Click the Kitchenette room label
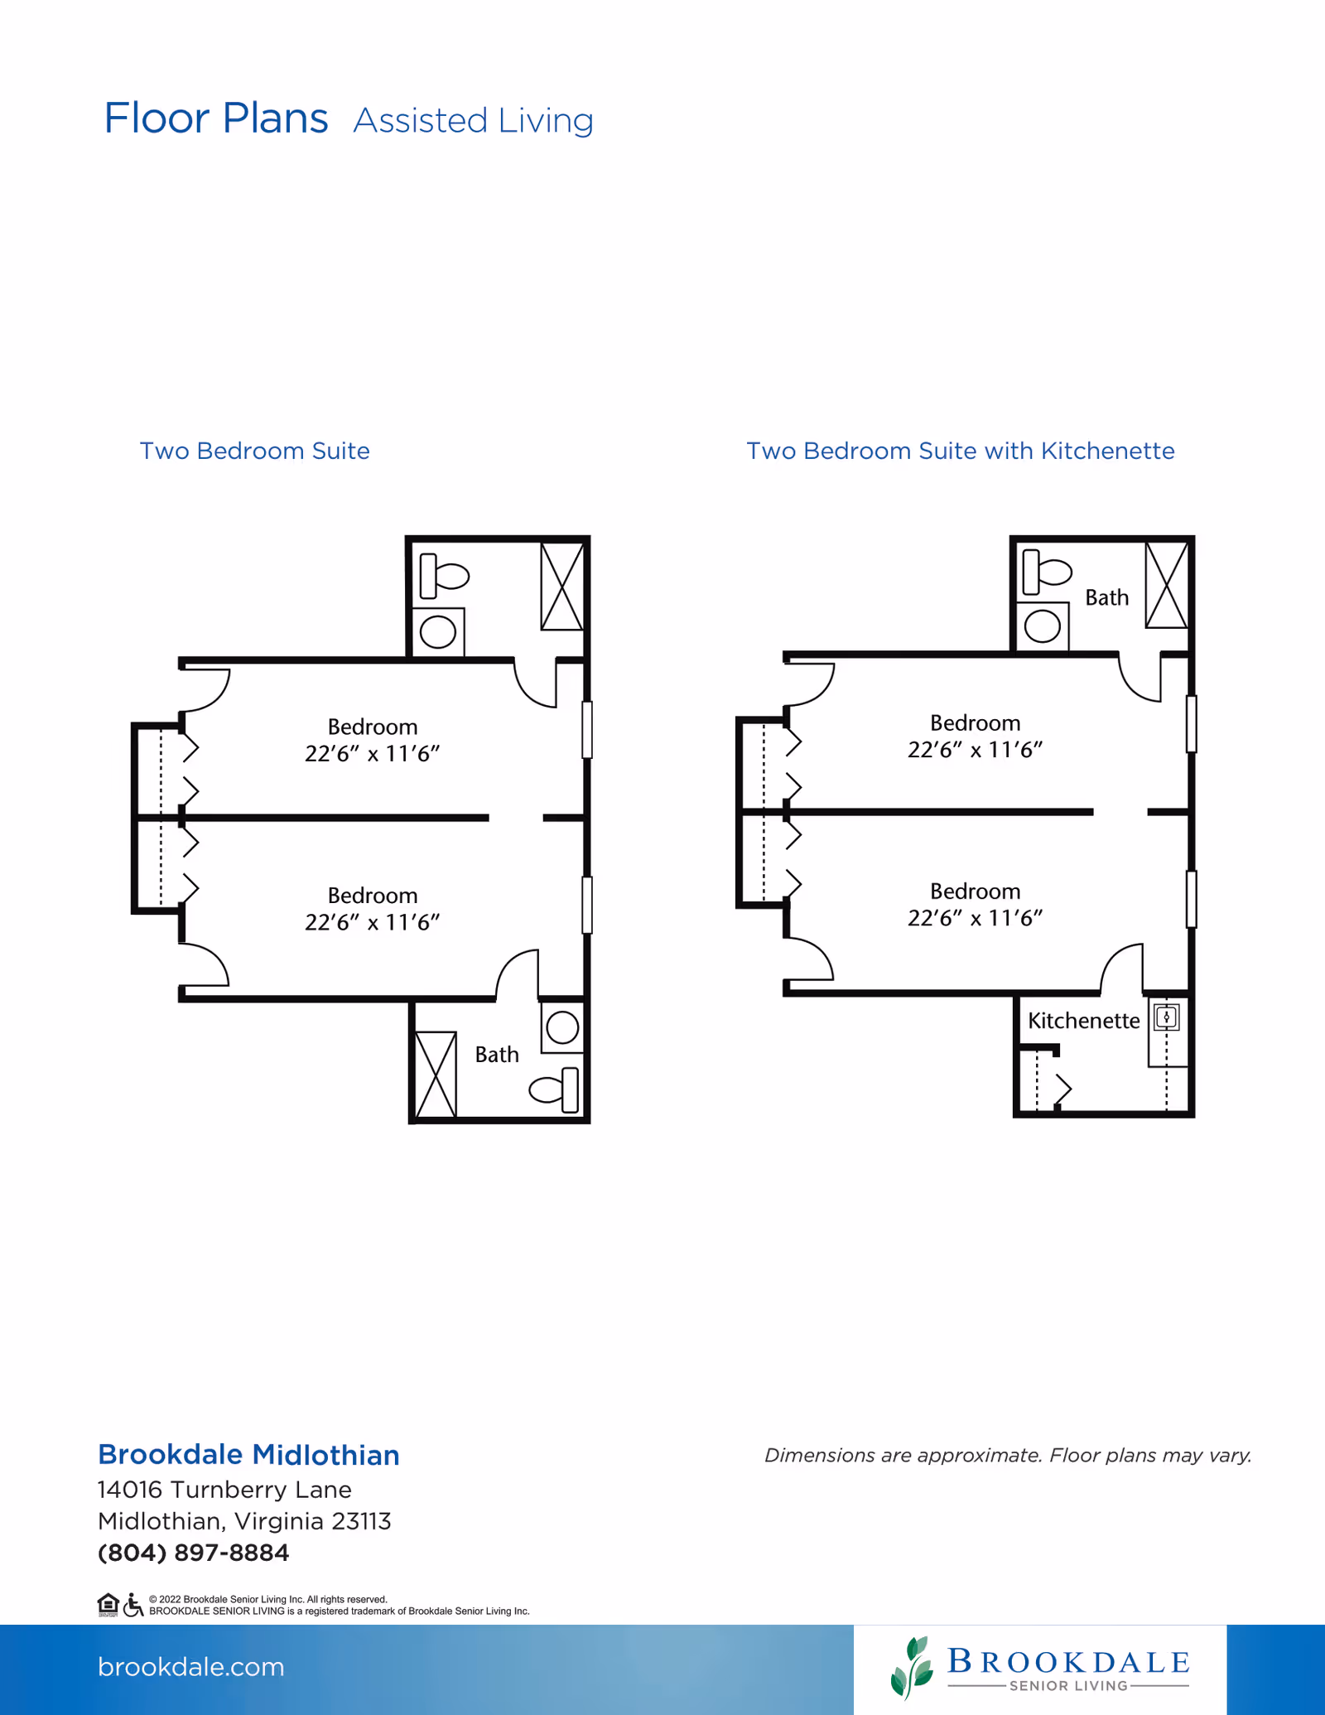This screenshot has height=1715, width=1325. click(x=1083, y=1021)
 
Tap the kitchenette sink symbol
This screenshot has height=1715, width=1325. click(x=1167, y=1017)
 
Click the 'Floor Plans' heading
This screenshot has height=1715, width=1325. click(x=216, y=118)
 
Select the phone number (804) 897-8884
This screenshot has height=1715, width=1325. click(x=194, y=1553)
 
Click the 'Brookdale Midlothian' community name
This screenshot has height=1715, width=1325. click(x=248, y=1455)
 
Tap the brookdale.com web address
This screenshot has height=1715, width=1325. click(x=191, y=1666)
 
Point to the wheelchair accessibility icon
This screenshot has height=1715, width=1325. click(x=133, y=1605)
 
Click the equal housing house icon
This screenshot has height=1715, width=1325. click(x=108, y=1605)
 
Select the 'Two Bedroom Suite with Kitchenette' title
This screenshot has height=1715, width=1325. click(x=961, y=451)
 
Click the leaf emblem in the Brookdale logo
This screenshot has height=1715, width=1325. click(x=912, y=1667)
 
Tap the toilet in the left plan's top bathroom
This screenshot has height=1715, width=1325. click(x=444, y=575)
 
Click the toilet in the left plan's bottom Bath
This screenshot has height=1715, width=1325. click(x=554, y=1089)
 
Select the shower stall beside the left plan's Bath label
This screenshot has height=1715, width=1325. click(x=436, y=1074)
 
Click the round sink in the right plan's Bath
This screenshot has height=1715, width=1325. click(x=1043, y=626)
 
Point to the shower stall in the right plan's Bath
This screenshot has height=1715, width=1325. click(x=1167, y=585)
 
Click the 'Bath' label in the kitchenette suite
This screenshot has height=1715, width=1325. click(x=1107, y=597)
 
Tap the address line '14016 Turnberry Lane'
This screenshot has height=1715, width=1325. click(x=224, y=1490)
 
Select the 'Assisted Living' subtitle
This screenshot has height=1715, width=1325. click(x=474, y=121)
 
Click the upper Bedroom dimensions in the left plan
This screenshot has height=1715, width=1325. click(x=372, y=754)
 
